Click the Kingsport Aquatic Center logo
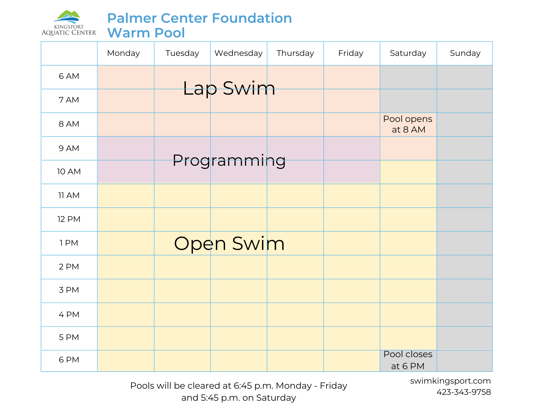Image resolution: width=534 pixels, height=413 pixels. point(69,23)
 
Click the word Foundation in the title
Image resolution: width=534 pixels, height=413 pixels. point(252,18)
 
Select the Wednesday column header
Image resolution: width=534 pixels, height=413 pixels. point(238,53)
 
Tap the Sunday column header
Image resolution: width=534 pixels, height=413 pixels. point(465,53)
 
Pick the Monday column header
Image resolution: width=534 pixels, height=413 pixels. point(123,53)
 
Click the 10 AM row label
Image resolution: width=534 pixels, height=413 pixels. point(69,172)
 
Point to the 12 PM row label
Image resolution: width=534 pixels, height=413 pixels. point(69,219)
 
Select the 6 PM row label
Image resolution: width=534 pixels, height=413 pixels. point(69,360)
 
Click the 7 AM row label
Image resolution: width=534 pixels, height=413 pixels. point(69,100)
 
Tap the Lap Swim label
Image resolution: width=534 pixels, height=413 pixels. point(229,88)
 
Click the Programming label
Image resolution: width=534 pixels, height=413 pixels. point(229,160)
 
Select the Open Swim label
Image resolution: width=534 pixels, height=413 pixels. point(229,244)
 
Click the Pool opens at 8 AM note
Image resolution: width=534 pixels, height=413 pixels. point(408,124)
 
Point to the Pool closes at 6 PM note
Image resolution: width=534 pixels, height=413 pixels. point(408,360)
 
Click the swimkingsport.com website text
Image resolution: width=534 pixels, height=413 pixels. point(450,381)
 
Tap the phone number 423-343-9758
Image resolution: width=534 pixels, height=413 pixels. point(464,392)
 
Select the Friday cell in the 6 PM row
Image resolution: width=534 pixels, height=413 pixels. point(352,361)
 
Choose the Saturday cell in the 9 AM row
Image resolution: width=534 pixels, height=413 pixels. point(408,148)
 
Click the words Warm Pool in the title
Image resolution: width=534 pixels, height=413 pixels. point(146,33)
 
